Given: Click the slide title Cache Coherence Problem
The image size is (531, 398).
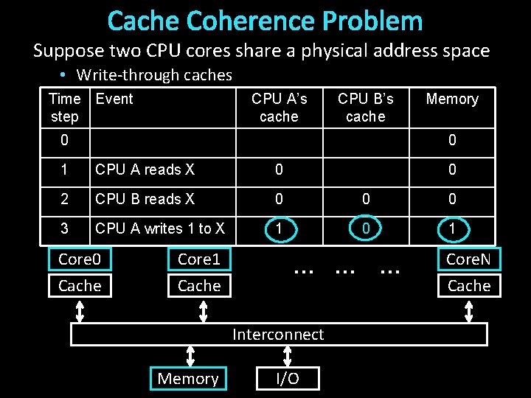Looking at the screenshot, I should (265, 21).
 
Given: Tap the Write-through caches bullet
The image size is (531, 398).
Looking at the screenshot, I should (153, 74).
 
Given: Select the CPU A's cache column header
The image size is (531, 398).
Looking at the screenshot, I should (279, 108).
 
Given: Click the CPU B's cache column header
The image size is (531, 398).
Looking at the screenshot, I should (365, 108).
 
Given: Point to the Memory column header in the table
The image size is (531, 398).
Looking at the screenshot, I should (452, 99).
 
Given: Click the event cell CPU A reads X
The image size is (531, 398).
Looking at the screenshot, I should (145, 170).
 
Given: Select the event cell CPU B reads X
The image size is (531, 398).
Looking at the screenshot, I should (145, 199).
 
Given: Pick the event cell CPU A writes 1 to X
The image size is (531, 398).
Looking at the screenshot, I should (159, 228).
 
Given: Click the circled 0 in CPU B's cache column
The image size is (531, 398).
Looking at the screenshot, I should (365, 229).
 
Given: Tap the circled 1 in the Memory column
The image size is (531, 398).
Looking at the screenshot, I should (452, 229).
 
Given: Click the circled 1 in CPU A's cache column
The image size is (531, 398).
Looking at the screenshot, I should (279, 229).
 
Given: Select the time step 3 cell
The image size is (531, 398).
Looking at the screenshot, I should (64, 228).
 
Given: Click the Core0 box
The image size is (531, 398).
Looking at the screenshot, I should (80, 259).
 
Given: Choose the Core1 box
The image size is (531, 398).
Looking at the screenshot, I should (199, 259).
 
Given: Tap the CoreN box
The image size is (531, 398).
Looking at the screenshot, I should (469, 259).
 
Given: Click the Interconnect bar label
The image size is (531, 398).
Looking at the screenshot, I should (278, 335).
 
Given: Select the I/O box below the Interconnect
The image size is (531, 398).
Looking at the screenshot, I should (288, 379).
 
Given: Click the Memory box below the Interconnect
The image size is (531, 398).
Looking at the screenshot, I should (188, 379).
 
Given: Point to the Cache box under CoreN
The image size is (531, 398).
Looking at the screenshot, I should (469, 285).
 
